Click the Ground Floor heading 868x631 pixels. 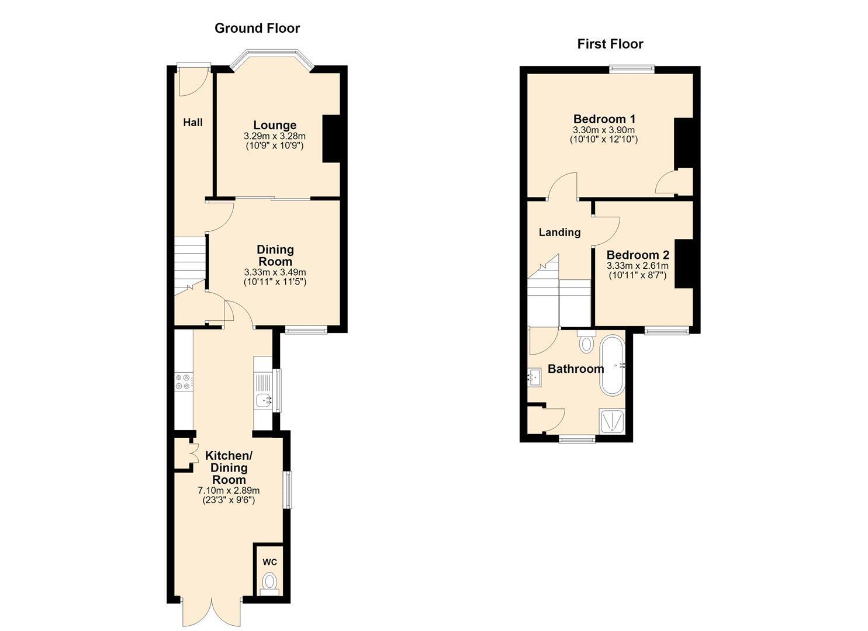tap(257, 28)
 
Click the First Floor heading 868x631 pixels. tap(610, 44)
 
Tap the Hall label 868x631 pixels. tap(193, 123)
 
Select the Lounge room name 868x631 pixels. tap(275, 125)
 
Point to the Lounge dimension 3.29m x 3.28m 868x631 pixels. tap(275, 136)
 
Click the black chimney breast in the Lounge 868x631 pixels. tap(331, 138)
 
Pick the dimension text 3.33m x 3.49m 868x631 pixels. tap(275, 272)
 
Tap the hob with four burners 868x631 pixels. tap(184, 381)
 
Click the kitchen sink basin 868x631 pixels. tap(264, 399)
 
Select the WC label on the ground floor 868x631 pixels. tap(269, 562)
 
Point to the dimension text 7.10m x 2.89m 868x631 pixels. tap(229, 490)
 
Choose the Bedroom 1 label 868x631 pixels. tap(604, 119)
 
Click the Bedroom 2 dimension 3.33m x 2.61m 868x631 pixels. tap(638, 266)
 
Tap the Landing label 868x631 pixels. tap(559, 233)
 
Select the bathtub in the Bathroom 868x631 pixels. tap(612, 365)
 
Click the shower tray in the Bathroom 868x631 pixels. tap(612, 421)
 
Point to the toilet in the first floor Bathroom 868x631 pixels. tap(586, 341)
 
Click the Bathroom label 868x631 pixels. tap(576, 369)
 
